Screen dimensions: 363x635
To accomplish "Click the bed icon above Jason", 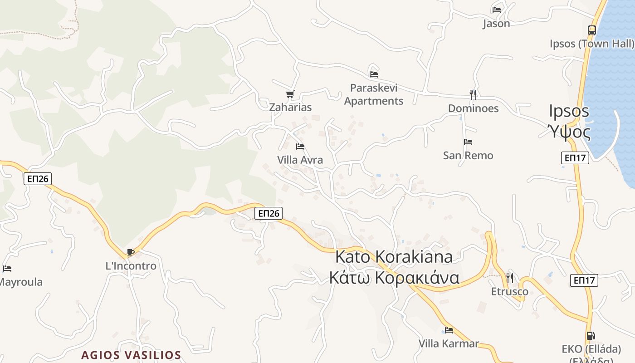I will (x=496, y=10).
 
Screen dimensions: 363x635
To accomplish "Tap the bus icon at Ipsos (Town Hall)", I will (x=591, y=30).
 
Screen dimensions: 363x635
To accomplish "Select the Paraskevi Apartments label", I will (x=373, y=94).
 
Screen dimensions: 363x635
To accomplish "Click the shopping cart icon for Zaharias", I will (x=290, y=94).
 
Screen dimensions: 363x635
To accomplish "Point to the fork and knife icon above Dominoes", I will (x=473, y=94).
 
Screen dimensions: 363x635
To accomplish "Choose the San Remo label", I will (x=468, y=156).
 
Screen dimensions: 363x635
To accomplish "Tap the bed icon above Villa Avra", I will (x=300, y=147).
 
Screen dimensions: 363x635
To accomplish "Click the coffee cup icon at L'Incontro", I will (x=131, y=252).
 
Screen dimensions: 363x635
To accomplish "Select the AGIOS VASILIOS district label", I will (x=131, y=355).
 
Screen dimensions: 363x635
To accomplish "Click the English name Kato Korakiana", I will (x=394, y=257).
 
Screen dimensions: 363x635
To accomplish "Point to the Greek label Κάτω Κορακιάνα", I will (x=394, y=278).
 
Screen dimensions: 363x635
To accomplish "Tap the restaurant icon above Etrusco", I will (x=510, y=277).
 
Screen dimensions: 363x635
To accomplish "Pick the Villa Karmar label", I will (x=448, y=343).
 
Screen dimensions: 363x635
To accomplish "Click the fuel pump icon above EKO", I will (x=591, y=336).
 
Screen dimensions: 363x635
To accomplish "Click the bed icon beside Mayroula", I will (x=7, y=269).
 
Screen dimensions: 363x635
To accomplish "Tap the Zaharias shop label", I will (x=290, y=108).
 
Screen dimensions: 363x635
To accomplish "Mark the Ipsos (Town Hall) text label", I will (x=591, y=44).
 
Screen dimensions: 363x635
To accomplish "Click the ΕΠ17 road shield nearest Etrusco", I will (x=584, y=280).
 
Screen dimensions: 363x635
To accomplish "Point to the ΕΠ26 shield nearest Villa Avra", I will (x=268, y=213).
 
